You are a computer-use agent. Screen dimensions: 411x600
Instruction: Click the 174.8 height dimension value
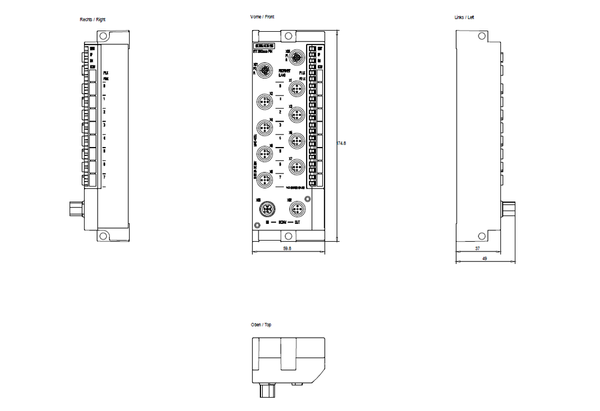[341, 142]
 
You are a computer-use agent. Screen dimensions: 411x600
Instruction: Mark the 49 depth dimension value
[485, 258]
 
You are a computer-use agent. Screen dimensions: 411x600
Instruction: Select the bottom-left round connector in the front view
[267, 209]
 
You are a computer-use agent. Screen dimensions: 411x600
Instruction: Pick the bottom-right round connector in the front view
[297, 209]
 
